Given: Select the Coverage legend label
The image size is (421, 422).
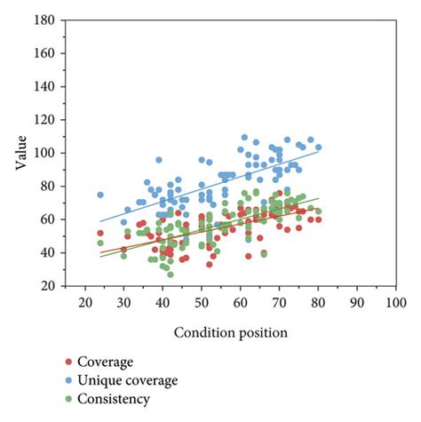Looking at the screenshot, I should pos(106,361).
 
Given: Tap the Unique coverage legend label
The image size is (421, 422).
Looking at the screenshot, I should pos(128,379).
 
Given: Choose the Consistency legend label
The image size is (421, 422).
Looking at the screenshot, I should pos(114,399).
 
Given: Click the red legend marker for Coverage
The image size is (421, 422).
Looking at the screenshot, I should pos(69,361).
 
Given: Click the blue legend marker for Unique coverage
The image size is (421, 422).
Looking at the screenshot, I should pos(69,380).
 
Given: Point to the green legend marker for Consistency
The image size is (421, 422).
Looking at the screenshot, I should pos(69,399).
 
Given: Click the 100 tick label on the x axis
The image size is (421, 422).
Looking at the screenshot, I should pos(396,302).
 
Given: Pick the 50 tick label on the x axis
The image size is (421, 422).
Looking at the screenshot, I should pos(202,302).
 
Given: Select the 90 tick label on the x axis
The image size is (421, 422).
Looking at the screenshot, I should pos(357,302).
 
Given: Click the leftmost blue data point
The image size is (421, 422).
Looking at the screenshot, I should pos(100,195).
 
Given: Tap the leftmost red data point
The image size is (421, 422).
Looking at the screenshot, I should pos(100,233).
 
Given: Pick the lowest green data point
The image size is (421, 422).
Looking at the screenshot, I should pos(171,274).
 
